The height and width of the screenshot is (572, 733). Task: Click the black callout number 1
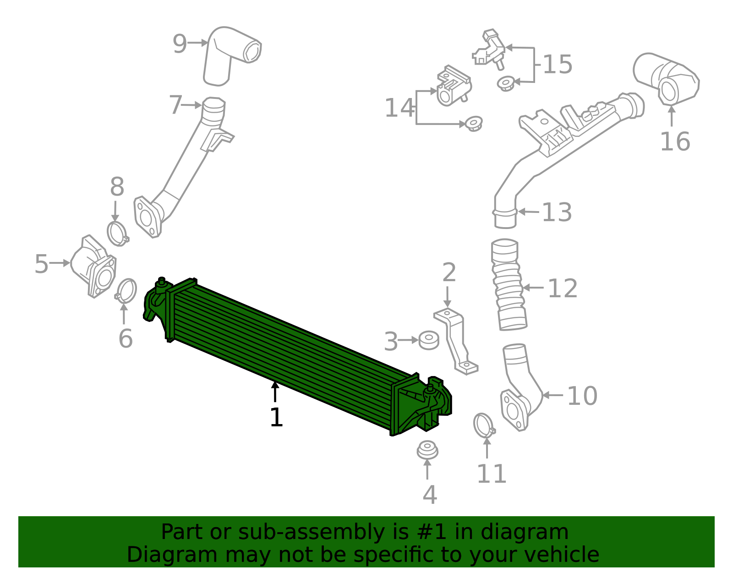point(276,418)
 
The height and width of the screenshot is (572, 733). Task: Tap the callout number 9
point(180,44)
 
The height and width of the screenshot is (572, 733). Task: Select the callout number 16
point(674,142)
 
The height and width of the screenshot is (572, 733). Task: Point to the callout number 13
point(557,212)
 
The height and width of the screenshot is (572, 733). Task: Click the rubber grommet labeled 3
point(429,340)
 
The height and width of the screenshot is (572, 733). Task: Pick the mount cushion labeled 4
point(427,450)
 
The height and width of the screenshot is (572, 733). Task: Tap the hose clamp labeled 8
point(118,233)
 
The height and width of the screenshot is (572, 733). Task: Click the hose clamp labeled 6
point(126,291)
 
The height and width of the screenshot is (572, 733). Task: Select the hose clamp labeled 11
point(484,425)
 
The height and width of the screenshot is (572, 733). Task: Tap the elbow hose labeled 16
point(669,80)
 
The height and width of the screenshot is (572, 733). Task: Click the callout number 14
point(399,109)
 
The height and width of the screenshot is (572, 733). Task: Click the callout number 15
point(558,65)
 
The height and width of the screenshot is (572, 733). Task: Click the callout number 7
point(175,105)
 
